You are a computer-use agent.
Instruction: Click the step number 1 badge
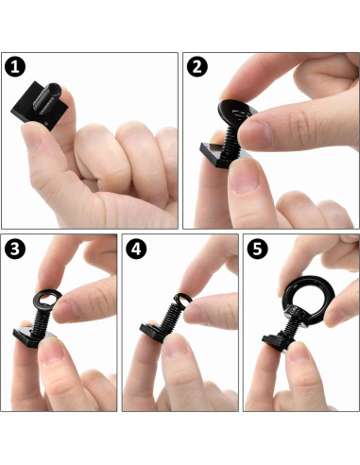(x=15, y=68)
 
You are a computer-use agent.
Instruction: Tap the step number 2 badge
(x=198, y=68)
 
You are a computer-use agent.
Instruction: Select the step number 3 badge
(x=15, y=250)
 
